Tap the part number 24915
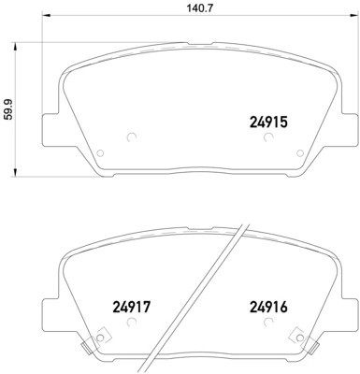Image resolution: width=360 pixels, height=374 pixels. (267, 121)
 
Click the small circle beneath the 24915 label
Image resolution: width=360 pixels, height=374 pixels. (268, 138)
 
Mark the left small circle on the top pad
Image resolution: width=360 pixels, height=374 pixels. (130, 138)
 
